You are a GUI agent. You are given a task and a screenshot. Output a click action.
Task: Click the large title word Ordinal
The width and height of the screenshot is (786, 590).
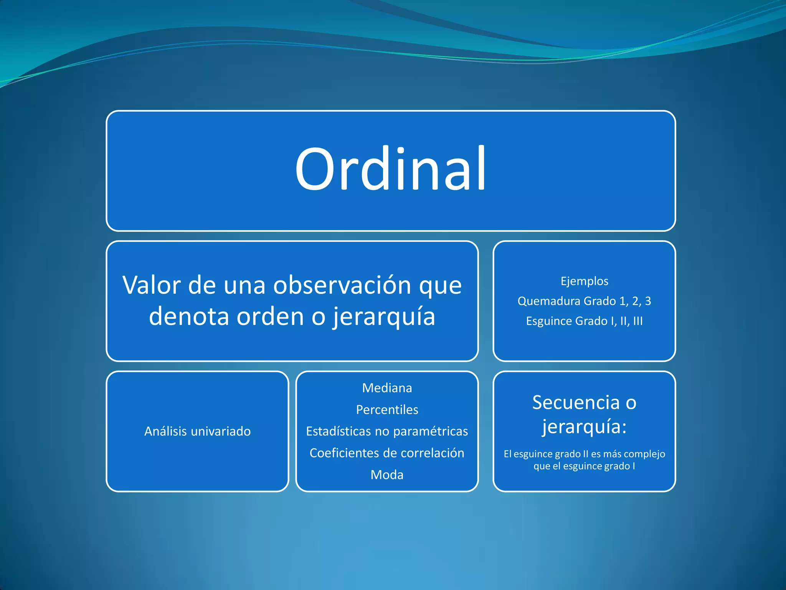tap(390, 169)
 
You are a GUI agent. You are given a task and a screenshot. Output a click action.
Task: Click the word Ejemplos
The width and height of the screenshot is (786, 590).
tap(584, 281)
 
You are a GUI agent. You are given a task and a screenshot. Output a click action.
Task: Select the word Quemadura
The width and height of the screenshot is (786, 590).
tap(549, 301)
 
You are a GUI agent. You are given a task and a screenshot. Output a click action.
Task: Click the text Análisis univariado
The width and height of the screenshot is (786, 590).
tap(197, 431)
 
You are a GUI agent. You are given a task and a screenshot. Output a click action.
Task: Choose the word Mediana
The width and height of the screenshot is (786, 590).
tap(387, 388)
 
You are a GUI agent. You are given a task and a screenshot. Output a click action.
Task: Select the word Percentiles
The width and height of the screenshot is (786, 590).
tap(387, 410)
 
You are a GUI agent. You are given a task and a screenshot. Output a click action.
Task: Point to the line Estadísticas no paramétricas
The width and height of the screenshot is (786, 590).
tap(387, 431)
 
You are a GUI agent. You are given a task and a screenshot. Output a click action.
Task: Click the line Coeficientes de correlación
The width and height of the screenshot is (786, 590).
tap(387, 453)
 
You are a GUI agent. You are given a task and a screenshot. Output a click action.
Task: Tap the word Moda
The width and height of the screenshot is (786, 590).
tap(387, 475)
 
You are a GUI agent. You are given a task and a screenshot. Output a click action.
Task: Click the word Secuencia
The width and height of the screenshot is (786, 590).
tap(576, 403)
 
